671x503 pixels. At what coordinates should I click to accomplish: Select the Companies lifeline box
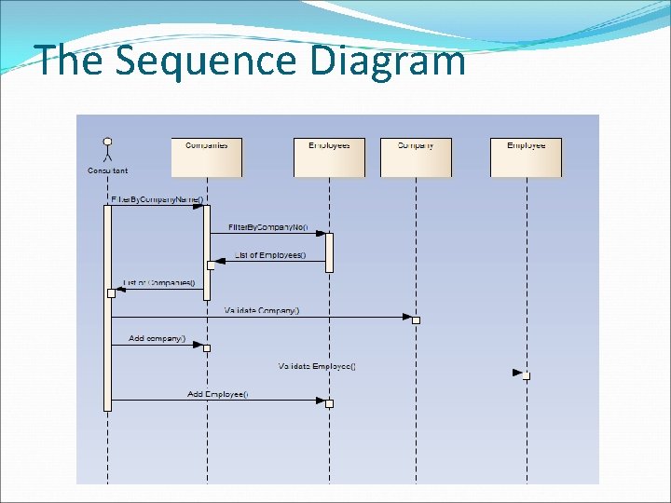pyautogui.click(x=207, y=156)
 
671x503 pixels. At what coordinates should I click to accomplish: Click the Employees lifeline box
pyautogui.click(x=329, y=156)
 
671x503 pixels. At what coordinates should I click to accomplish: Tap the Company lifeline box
pyautogui.click(x=416, y=156)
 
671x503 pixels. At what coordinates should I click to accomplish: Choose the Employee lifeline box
pyautogui.click(x=527, y=156)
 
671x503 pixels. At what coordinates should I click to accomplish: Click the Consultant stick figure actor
pyautogui.click(x=107, y=150)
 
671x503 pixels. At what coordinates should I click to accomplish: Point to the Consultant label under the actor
pyautogui.click(x=107, y=170)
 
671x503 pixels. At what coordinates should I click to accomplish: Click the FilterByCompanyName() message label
pyautogui.click(x=157, y=199)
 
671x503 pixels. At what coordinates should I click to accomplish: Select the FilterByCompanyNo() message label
pyautogui.click(x=267, y=227)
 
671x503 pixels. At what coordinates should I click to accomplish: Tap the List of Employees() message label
pyautogui.click(x=270, y=255)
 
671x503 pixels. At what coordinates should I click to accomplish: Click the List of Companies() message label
pyautogui.click(x=159, y=283)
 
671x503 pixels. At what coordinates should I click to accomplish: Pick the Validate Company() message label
pyautogui.click(x=262, y=310)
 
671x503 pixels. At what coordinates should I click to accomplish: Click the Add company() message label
pyautogui.click(x=157, y=338)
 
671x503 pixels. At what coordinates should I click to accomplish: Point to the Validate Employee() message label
pyautogui.click(x=317, y=366)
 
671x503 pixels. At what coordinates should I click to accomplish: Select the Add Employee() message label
pyautogui.click(x=217, y=394)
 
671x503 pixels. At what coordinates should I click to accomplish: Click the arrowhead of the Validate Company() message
pyautogui.click(x=407, y=317)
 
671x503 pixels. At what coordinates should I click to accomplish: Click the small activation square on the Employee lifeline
pyautogui.click(x=527, y=375)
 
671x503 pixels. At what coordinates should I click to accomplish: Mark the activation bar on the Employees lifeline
pyautogui.click(x=329, y=252)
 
